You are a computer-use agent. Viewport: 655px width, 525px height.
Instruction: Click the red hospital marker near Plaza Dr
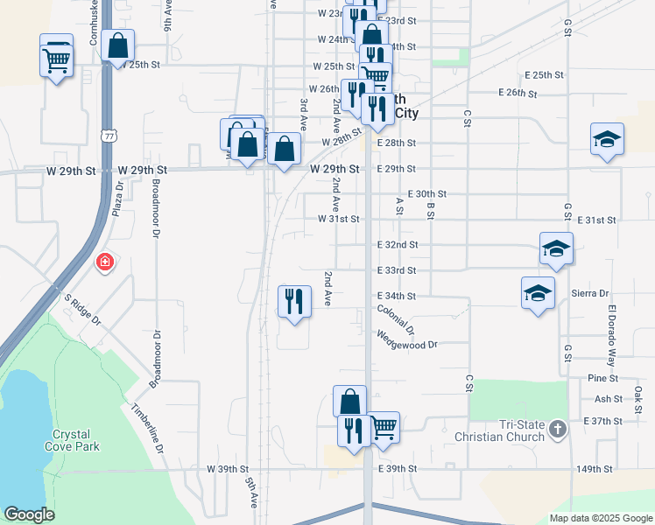tap(104, 262)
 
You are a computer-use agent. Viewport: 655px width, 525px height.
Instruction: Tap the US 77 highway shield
tap(108, 136)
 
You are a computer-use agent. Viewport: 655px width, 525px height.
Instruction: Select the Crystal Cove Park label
tap(75, 440)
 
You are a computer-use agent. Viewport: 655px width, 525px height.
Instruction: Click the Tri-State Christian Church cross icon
tap(554, 427)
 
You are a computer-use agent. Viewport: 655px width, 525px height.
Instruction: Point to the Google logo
tap(29, 514)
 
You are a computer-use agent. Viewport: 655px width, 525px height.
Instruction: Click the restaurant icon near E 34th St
tap(293, 302)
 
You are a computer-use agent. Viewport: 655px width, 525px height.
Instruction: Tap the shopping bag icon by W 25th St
tap(117, 45)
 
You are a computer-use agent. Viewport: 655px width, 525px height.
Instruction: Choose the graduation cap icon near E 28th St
tap(607, 139)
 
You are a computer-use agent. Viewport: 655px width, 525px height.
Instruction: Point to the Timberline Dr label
tap(147, 427)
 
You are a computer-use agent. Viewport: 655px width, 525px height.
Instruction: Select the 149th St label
tap(595, 469)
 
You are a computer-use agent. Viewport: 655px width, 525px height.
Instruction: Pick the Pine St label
tap(603, 378)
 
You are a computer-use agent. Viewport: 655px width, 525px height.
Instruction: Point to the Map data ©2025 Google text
tap(600, 517)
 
